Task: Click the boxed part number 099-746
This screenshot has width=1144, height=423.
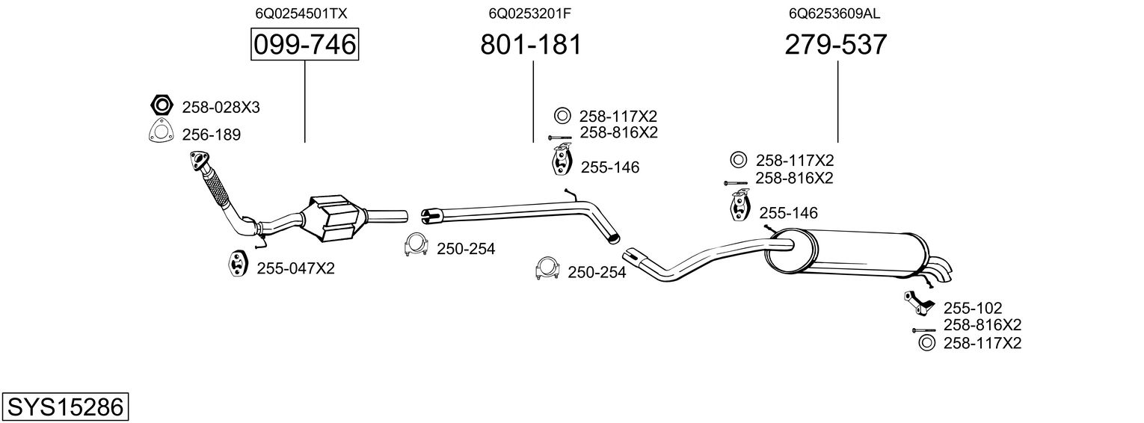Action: tap(304, 45)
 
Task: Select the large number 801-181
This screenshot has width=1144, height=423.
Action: tap(530, 45)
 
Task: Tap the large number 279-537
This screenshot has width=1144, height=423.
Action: tap(836, 45)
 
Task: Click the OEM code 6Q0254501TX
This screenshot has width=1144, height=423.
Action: tap(301, 13)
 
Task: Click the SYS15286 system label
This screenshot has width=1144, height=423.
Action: tap(64, 407)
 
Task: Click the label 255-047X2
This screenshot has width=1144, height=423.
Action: tap(295, 268)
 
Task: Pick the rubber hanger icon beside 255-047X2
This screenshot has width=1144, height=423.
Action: tap(237, 265)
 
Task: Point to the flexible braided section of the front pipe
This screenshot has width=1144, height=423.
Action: tap(216, 187)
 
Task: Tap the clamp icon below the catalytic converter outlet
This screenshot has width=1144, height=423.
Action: tap(415, 246)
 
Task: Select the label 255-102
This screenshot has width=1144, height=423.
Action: tap(972, 308)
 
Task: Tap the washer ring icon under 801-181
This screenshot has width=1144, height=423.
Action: tap(562, 116)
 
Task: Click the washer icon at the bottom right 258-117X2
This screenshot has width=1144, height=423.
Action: tap(925, 343)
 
